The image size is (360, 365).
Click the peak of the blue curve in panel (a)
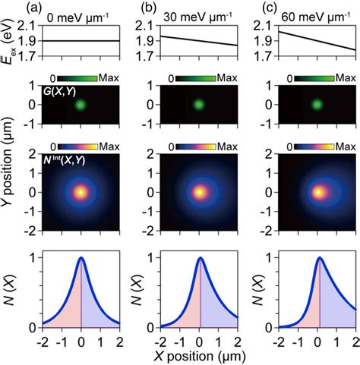[81, 258]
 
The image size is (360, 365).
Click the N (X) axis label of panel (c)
[261, 292]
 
